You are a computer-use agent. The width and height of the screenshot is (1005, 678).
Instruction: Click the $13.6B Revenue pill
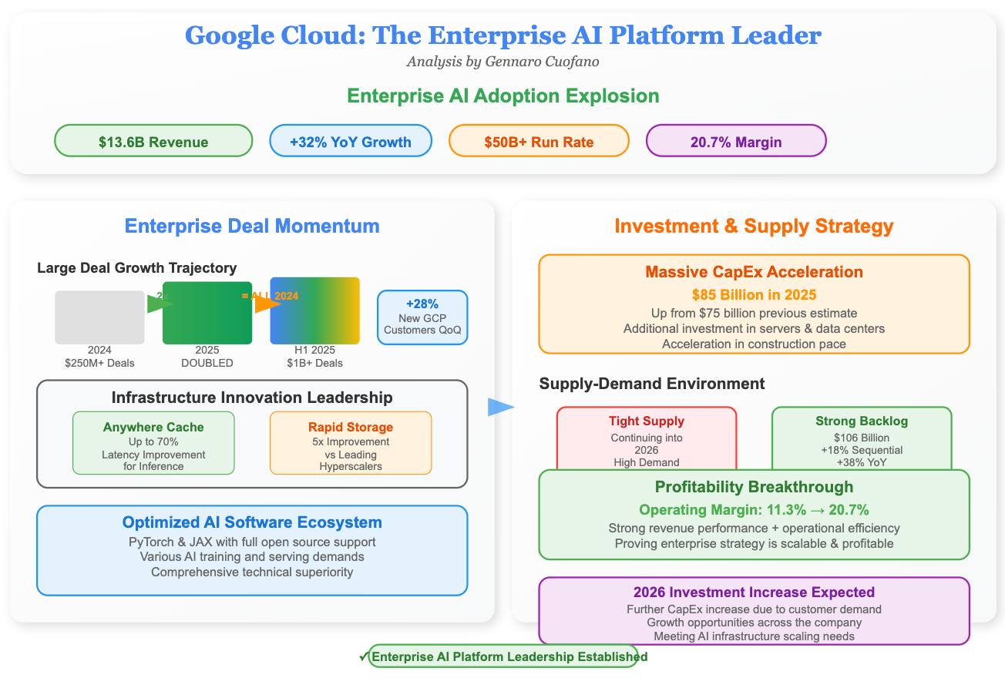click(153, 141)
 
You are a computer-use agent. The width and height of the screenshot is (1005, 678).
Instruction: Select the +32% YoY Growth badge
click(350, 141)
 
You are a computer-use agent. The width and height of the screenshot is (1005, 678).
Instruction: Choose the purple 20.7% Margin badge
click(735, 141)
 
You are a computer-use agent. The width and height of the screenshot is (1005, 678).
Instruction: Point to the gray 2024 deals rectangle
click(99, 317)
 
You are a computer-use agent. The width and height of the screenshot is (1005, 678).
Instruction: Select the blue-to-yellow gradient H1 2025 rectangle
click(314, 310)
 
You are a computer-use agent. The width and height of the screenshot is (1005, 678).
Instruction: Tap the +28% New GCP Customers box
click(422, 317)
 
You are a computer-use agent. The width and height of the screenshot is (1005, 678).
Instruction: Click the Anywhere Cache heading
click(153, 427)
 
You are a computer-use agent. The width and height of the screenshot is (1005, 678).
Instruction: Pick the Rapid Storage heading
click(351, 427)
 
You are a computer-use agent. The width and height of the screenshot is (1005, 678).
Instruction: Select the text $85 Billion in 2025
click(754, 294)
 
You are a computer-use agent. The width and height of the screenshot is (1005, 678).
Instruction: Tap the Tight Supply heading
click(646, 421)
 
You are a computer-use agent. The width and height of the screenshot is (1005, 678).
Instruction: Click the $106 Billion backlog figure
click(862, 438)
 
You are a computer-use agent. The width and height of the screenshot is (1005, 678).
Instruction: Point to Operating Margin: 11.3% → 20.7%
click(754, 509)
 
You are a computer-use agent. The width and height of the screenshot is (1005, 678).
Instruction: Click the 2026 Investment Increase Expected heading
click(754, 592)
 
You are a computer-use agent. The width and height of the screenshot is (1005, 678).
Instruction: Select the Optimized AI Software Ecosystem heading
click(252, 522)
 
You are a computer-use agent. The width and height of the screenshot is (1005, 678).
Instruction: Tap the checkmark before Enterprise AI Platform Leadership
click(363, 656)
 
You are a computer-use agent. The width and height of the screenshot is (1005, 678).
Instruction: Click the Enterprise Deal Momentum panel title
click(252, 226)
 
